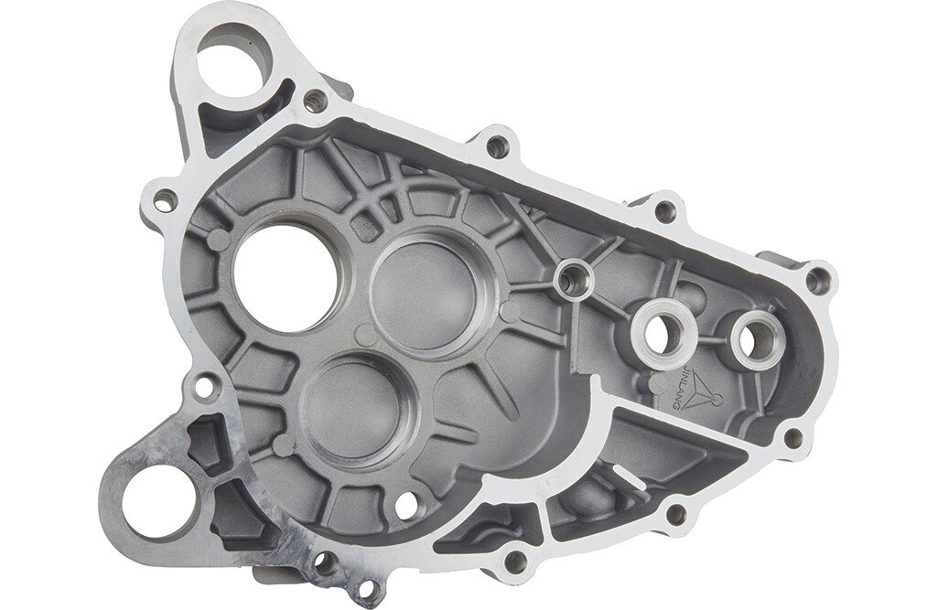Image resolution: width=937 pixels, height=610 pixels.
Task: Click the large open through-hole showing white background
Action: (x=285, y=279)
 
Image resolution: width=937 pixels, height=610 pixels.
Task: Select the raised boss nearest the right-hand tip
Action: (x=755, y=338)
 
